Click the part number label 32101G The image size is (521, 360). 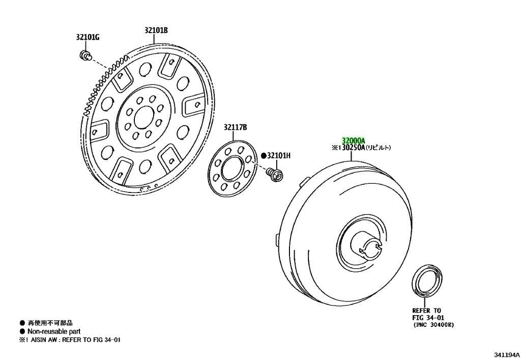coord(88,37)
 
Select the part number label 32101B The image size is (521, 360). coord(156,30)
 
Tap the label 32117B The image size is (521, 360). coord(235,127)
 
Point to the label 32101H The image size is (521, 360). coord(279,155)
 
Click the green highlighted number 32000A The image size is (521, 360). coord(354,140)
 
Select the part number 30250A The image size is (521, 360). coord(354,147)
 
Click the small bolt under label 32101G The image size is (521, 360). coord(85,55)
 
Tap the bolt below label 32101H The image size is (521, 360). coord(275,174)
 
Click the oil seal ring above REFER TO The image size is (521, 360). coord(427,280)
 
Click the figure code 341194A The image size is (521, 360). coord(506,354)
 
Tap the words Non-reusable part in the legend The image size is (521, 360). coord(54,331)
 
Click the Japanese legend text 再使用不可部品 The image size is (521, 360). coord(50,323)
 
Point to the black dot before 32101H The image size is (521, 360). coord(264,155)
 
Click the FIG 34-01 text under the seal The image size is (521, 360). coord(428,317)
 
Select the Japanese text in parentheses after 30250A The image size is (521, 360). coord(378,147)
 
